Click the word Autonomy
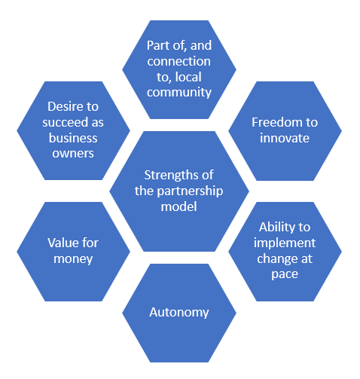(179, 313)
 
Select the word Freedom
(277, 122)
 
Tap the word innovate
(285, 138)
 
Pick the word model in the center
(178, 206)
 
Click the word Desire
(64, 106)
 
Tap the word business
(73, 138)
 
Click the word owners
(73, 154)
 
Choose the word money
(73, 259)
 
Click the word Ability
(277, 228)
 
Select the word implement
(285, 243)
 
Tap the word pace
(285, 274)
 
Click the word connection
(178, 61)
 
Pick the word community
(179, 93)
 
